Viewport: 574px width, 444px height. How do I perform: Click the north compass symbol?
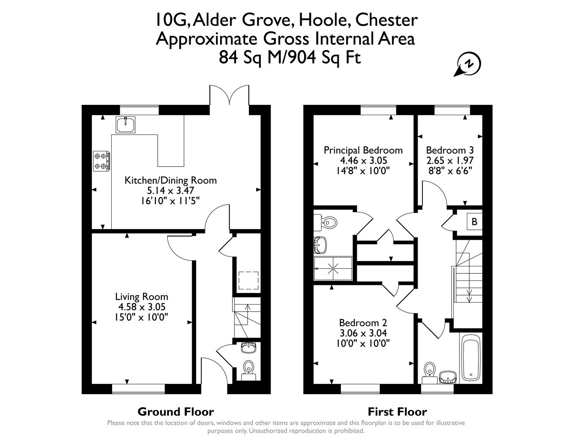pyautogui.click(x=468, y=64)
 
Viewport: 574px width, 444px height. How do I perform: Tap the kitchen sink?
pyautogui.click(x=126, y=125)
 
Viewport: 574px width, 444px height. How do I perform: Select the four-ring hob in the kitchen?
pyautogui.click(x=102, y=161)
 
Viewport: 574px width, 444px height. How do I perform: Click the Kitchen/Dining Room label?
pyautogui.click(x=170, y=180)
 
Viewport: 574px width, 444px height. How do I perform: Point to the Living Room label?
pyautogui.click(x=142, y=296)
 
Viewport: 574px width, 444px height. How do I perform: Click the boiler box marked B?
pyautogui.click(x=474, y=222)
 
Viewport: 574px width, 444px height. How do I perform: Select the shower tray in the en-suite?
pyautogui.click(x=333, y=268)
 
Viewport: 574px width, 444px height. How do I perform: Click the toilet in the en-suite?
pyautogui.click(x=325, y=222)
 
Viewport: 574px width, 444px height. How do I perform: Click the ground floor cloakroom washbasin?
pyautogui.click(x=248, y=347)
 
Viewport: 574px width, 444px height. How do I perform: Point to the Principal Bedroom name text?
pyautogui.click(x=363, y=150)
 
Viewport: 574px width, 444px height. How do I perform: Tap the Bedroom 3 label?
pyautogui.click(x=450, y=150)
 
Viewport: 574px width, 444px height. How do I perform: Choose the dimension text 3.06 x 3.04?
pyautogui.click(x=363, y=333)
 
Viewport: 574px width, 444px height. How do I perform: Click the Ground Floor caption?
pyautogui.click(x=176, y=412)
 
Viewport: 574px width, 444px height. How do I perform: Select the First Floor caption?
pyautogui.click(x=397, y=412)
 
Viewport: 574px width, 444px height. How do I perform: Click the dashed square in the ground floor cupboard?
pyautogui.click(x=248, y=280)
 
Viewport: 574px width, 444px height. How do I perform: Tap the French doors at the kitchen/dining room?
pyautogui.click(x=229, y=95)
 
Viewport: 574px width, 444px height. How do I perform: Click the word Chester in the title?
pyautogui.click(x=387, y=21)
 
